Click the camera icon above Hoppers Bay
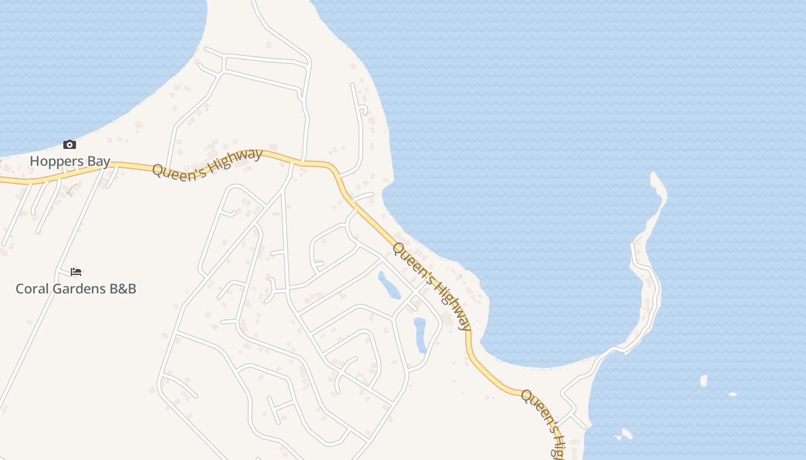(x=70, y=144)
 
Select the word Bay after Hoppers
(x=98, y=161)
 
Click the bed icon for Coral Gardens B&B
(x=76, y=271)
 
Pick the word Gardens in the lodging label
(x=79, y=289)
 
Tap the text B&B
(x=123, y=289)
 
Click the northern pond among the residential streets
(x=389, y=285)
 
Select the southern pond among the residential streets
(x=420, y=334)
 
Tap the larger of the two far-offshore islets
(x=704, y=381)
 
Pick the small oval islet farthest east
(x=732, y=394)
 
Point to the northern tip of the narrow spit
(x=654, y=175)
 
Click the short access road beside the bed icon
(x=63, y=270)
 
